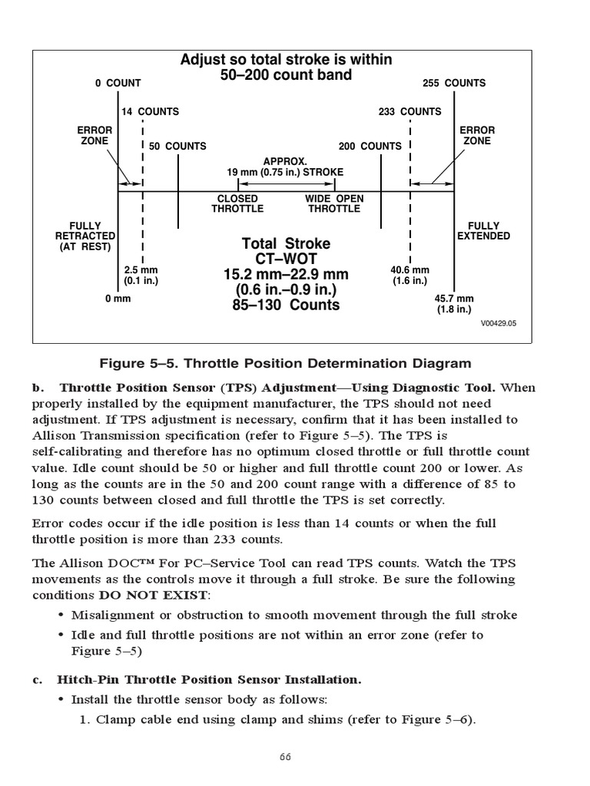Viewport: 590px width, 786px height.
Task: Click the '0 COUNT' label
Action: [x=118, y=83]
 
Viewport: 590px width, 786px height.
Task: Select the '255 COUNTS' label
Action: [x=454, y=83]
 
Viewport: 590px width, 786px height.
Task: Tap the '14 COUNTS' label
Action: [x=150, y=111]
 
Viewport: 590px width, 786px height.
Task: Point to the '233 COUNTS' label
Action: [x=410, y=111]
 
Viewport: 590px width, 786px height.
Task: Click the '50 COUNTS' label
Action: [x=177, y=146]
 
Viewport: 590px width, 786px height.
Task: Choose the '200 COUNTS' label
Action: [x=370, y=146]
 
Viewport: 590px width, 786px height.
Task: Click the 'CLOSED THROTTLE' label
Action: [x=237, y=203]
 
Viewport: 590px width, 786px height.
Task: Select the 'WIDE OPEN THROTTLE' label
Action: [x=334, y=203]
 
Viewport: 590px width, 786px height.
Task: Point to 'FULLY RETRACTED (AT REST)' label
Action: [x=85, y=236]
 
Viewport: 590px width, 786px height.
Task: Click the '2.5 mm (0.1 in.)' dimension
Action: [x=141, y=276]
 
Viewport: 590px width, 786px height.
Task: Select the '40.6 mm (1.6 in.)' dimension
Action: [x=410, y=276]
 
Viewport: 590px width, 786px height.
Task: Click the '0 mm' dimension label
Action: [x=118, y=299]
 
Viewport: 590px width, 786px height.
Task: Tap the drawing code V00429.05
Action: [x=499, y=323]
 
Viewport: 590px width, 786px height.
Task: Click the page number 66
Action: [x=285, y=757]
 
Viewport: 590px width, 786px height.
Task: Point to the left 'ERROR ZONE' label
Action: [x=95, y=136]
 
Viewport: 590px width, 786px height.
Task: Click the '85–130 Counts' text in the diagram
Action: [x=286, y=305]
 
